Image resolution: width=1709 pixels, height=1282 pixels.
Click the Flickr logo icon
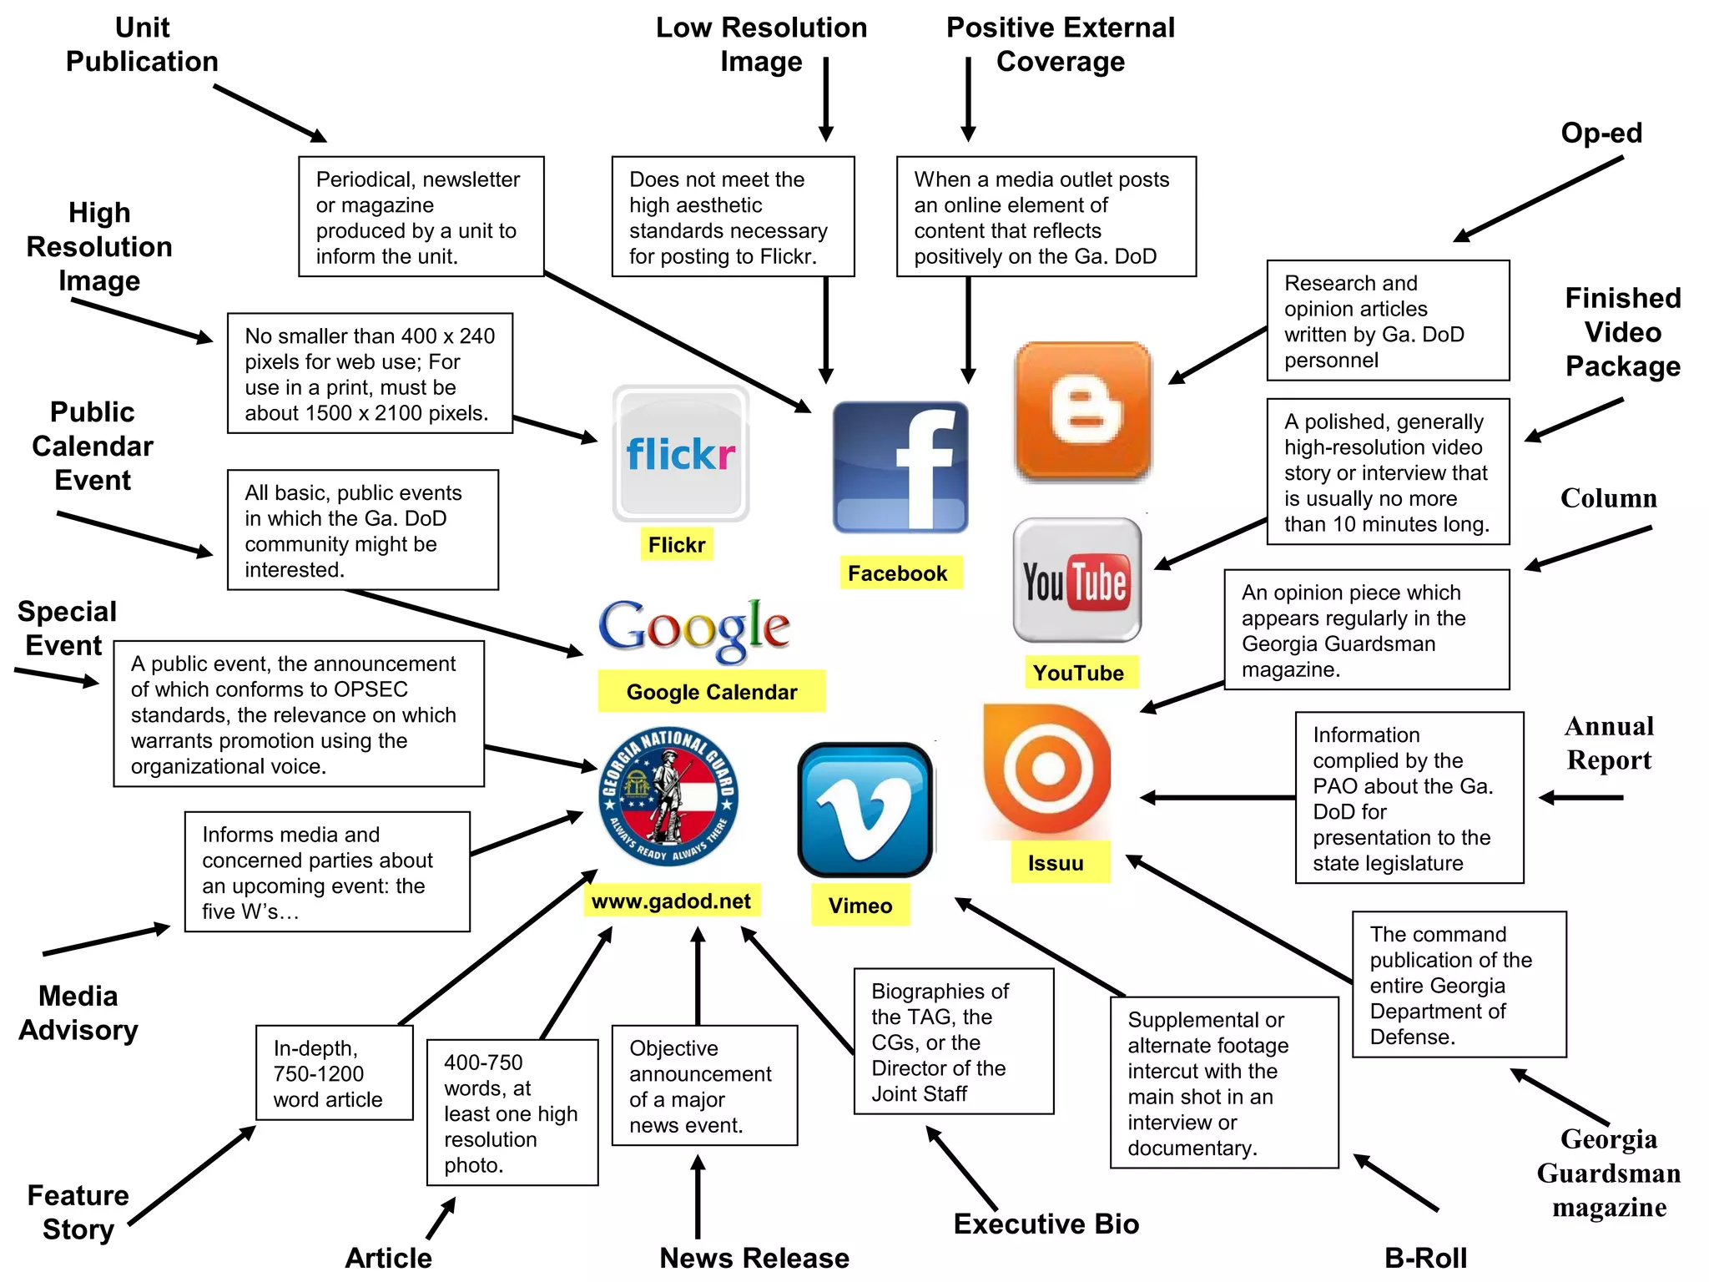(681, 453)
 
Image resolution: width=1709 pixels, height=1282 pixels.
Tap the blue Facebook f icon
(900, 467)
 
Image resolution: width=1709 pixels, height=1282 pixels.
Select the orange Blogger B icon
(1082, 411)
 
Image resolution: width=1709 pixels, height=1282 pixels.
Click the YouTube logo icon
(1076, 580)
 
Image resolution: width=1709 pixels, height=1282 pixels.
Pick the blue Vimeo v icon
(865, 810)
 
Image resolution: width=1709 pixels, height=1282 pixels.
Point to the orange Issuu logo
(1047, 770)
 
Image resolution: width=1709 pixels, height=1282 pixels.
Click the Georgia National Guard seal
(668, 796)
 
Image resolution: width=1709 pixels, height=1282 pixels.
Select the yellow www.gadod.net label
(672, 901)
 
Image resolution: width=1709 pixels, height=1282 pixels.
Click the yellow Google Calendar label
(712, 692)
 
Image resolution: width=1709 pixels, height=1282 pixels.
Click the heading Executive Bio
(1046, 1224)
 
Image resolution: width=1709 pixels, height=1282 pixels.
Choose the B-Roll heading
(1425, 1258)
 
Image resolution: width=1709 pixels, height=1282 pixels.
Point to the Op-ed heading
(1601, 133)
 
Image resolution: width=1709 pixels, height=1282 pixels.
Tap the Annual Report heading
(1609, 743)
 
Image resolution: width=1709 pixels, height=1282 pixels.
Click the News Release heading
(754, 1258)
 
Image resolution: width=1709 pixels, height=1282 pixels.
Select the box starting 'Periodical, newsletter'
(421, 217)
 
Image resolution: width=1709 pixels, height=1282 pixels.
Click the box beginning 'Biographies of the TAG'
(954, 1041)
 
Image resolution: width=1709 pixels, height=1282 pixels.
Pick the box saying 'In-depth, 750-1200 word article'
(334, 1073)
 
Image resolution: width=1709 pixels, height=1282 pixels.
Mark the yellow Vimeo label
(860, 906)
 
